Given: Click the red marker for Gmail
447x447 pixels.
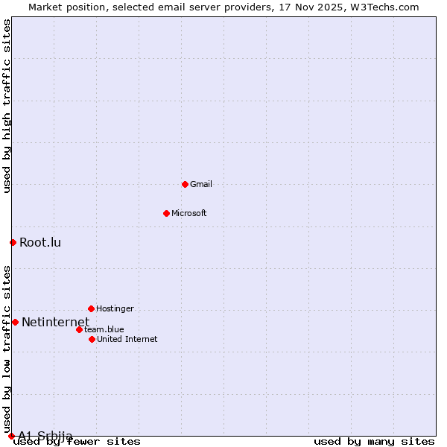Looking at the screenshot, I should [185, 184].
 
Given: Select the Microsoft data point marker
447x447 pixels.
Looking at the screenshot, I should [166, 213].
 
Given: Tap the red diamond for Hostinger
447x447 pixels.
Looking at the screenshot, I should [91, 308].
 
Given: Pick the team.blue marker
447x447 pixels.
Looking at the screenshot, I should [79, 329].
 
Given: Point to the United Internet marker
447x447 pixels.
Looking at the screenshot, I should [92, 339].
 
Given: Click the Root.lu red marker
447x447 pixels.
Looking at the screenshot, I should [13, 242].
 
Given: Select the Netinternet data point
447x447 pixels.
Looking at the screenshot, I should [15, 322].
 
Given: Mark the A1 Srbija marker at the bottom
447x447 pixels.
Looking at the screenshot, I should [11, 436].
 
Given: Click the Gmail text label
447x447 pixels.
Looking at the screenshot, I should [201, 184].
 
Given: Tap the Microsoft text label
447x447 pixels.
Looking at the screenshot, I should [189, 213].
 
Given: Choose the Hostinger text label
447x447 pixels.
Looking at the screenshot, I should [115, 308].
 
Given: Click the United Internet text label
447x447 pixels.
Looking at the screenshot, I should [127, 339].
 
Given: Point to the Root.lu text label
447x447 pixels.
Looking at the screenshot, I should [40, 242].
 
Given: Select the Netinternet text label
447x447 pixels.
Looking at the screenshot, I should [55, 322].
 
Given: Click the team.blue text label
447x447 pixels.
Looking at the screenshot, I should [104, 329].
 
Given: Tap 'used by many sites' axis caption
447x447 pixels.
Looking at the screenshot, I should [374, 442].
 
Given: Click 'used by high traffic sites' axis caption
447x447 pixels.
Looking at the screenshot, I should [7, 106].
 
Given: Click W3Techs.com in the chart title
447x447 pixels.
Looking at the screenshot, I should [385, 7].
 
